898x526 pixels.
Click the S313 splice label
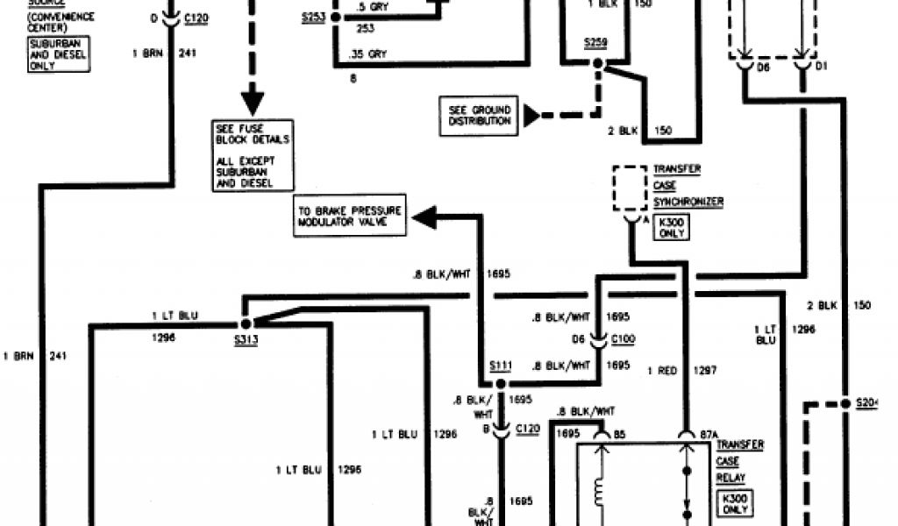pos(246,339)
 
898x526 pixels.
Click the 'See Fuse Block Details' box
pos(252,154)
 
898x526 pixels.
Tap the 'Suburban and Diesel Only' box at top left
pos(60,53)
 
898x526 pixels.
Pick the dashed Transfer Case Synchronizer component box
pos(631,188)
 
